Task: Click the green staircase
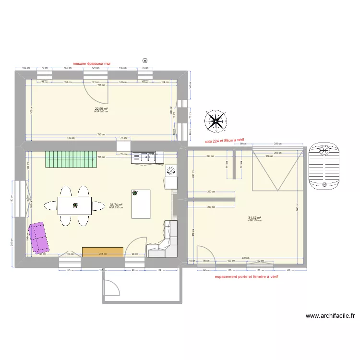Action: (70, 159)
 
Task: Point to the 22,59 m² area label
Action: (101, 109)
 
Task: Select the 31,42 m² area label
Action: (254, 217)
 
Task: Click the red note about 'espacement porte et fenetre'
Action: (247, 277)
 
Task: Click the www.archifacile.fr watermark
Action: (331, 316)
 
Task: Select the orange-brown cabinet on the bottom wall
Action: (103, 252)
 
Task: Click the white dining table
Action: (75, 205)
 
